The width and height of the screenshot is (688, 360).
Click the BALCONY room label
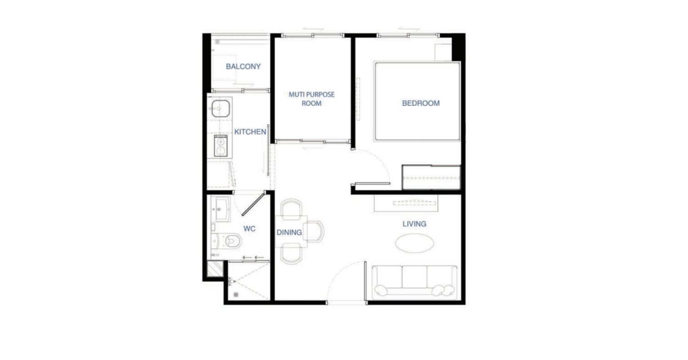tap(243, 66)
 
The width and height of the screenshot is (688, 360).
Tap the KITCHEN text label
tap(250, 132)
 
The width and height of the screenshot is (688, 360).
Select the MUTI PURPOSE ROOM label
tap(311, 99)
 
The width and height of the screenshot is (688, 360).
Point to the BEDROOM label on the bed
tap(421, 103)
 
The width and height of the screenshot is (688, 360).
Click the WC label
tap(249, 228)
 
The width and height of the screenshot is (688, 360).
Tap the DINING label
tap(289, 233)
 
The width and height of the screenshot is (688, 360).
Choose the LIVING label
tap(414, 224)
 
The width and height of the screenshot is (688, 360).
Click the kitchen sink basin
tap(221, 108)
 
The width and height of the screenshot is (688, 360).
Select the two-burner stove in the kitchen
tap(221, 145)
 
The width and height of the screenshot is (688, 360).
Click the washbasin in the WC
tap(222, 209)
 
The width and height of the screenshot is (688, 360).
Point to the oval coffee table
tap(414, 243)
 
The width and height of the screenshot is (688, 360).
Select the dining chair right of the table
tap(316, 231)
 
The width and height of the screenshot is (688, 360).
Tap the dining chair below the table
tap(291, 254)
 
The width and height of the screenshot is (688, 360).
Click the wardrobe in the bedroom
tap(431, 177)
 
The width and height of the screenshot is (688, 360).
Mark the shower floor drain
tap(236, 295)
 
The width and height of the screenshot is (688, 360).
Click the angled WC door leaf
tap(253, 204)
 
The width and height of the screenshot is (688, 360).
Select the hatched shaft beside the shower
tap(215, 269)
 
